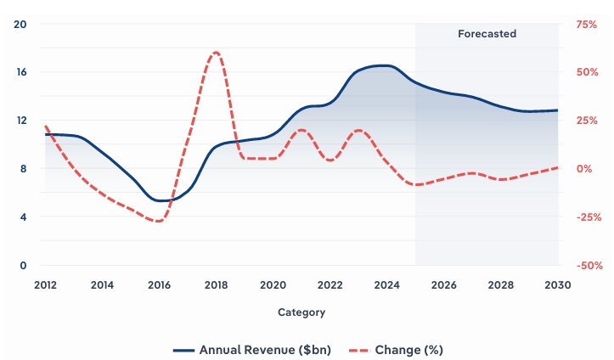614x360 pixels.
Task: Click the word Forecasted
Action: [487, 34]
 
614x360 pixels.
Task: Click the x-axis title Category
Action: [301, 312]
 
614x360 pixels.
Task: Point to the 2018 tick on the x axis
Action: [217, 284]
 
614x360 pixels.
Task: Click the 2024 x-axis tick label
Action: [387, 284]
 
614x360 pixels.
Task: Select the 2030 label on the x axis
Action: [558, 284]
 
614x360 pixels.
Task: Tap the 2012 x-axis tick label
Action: [46, 284]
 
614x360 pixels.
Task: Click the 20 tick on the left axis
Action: [22, 24]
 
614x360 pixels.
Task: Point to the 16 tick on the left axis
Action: [22, 72]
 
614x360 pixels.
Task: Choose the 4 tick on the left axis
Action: [25, 217]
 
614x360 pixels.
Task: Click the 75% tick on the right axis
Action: [587, 24]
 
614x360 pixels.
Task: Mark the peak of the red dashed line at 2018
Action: [216, 53]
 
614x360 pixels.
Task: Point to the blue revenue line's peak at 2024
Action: [384, 65]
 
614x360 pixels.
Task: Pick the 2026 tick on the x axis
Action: [444, 284]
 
